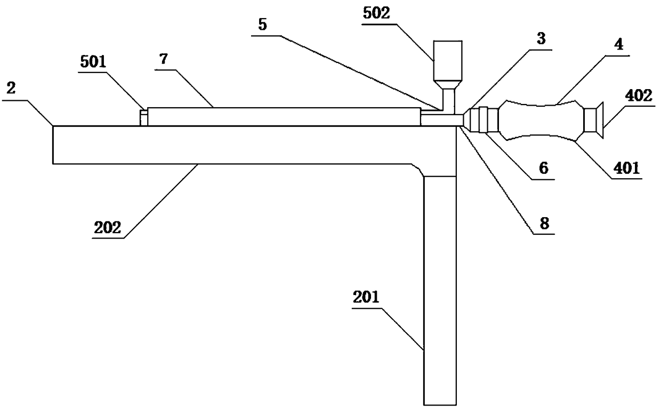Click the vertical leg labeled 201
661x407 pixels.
[x=440, y=288]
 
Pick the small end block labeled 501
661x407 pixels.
[x=143, y=117]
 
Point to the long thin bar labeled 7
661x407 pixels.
[x=283, y=116]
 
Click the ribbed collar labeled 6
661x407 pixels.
[x=485, y=119]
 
